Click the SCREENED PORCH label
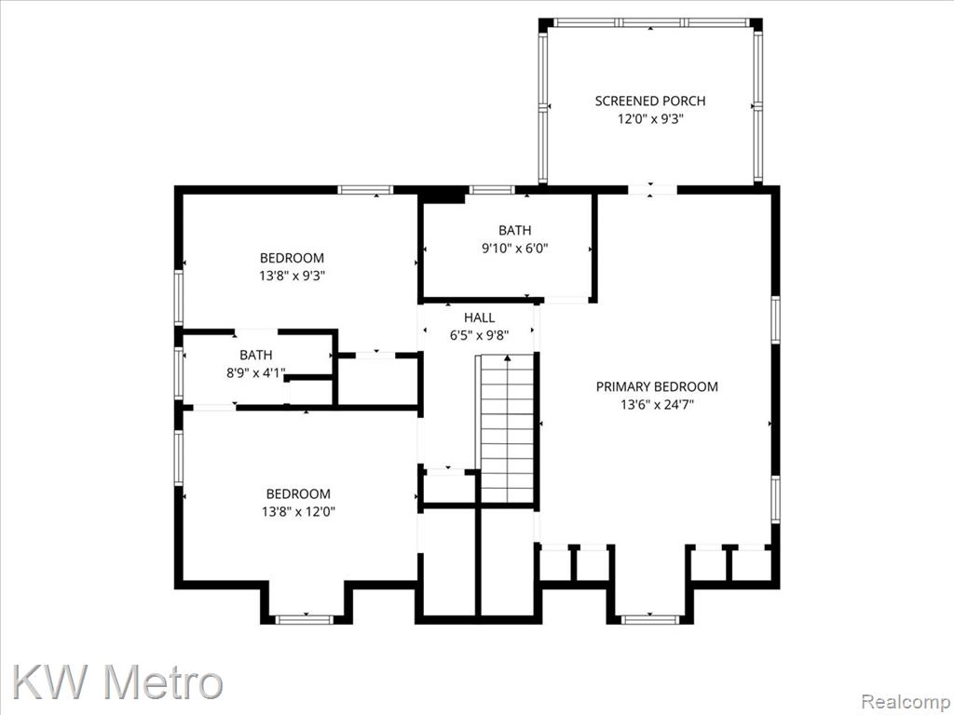649,101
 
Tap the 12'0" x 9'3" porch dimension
649,119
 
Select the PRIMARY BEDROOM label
657,386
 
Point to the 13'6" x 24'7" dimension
657,405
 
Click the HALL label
480,317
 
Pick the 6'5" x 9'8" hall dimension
480,335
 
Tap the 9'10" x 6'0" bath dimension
514,248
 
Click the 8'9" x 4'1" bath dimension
255,372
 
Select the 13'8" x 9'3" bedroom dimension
292,276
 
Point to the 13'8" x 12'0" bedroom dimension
298,512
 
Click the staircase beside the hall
506,428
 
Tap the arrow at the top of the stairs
508,358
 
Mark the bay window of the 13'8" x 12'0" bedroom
305,619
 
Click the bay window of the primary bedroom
649,619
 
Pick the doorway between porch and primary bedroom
651,190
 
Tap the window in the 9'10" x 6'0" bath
492,190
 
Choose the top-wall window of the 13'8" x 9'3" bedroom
365,190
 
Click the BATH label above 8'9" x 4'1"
255,355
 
